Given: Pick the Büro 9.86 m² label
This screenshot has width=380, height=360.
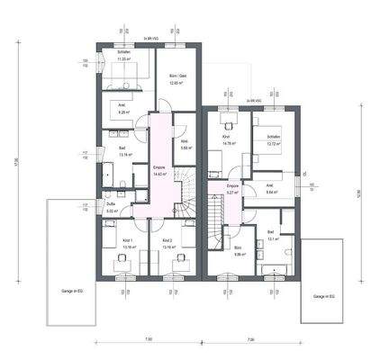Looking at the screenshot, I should point(239,251).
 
